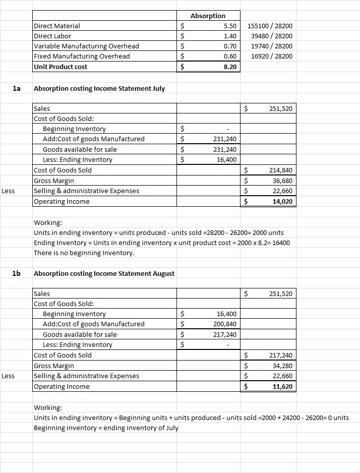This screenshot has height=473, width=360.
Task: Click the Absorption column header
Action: coord(208,16)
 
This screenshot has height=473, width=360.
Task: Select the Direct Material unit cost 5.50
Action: coord(229,26)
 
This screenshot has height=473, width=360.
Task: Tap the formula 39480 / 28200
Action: coord(271,36)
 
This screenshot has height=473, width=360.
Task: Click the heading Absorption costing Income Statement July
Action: coord(99,88)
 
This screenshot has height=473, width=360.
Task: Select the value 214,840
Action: coord(281,170)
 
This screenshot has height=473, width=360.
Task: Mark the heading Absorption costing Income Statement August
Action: coord(104,273)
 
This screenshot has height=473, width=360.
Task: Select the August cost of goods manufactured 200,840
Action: coord(225,324)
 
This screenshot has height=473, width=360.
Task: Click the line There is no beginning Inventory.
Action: coord(84,253)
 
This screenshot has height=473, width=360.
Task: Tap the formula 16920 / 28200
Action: coord(271,56)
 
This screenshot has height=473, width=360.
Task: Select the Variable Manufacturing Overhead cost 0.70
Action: coord(229,46)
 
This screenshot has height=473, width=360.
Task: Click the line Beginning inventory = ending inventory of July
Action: coord(105,428)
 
